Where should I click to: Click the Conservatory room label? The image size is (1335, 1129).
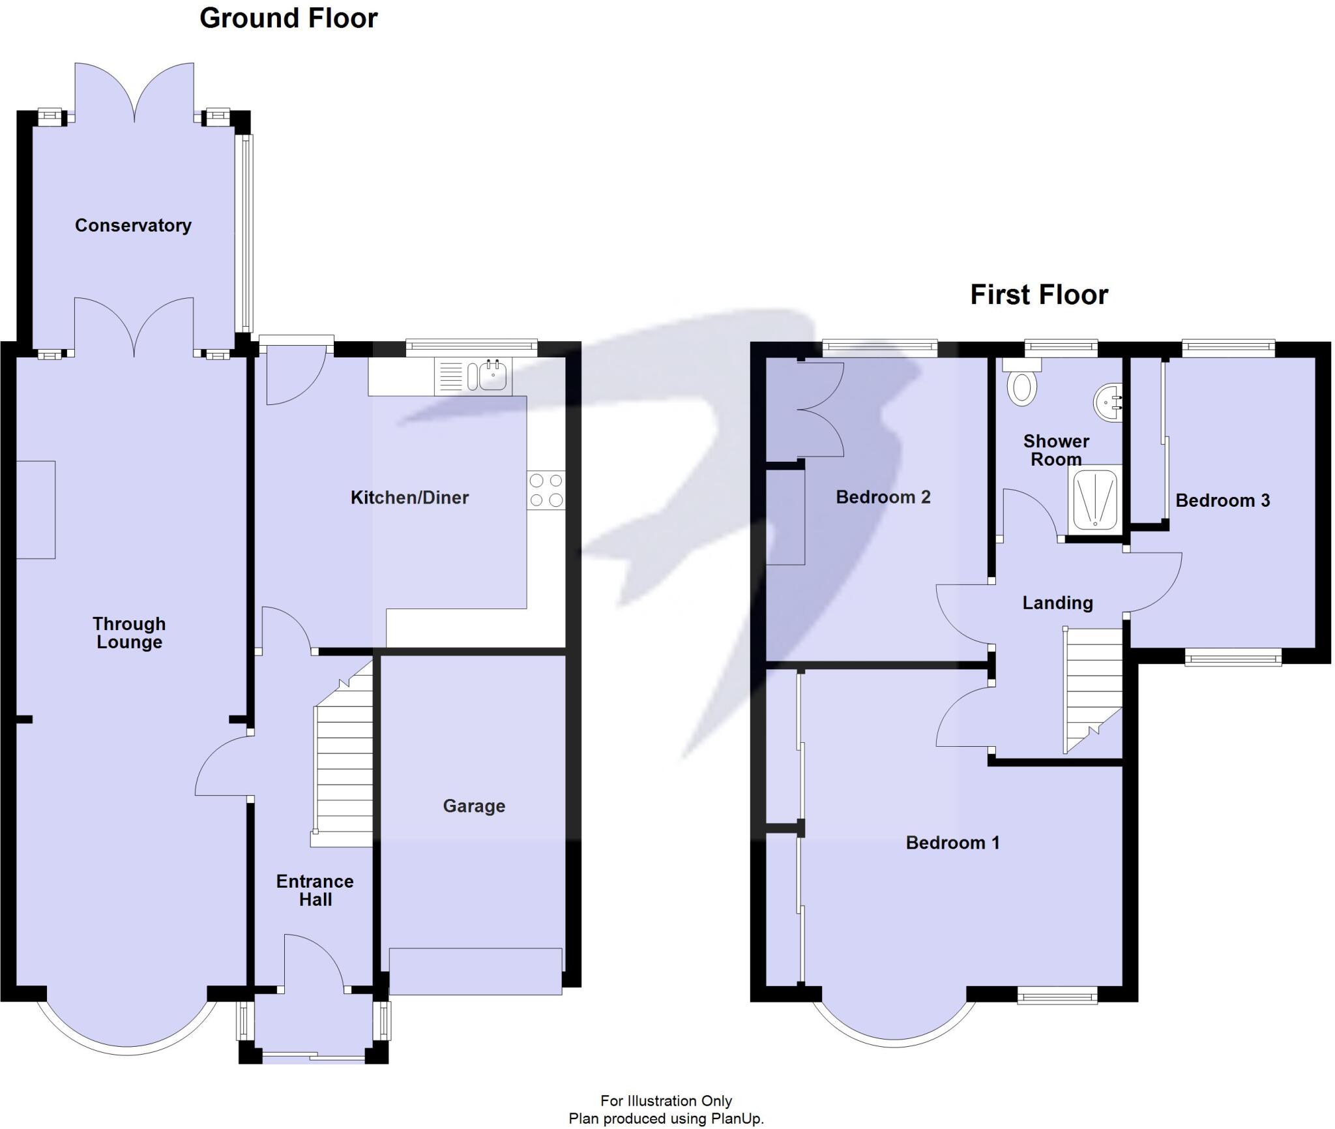coord(133,226)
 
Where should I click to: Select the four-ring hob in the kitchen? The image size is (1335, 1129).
coord(546,490)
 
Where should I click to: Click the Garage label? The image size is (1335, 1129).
coord(474,806)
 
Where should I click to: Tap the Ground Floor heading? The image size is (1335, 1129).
coord(288,18)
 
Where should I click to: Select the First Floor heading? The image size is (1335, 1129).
coord(1039,295)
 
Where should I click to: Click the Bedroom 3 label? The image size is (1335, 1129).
coord(1222,500)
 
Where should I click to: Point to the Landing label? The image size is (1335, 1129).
coord(1057,603)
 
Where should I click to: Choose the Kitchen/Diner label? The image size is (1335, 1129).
coord(409,498)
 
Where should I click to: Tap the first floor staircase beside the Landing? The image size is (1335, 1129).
coord(1093,690)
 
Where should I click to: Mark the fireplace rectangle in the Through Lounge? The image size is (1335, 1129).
coord(35,509)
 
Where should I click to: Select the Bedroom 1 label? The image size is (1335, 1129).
coord(952,843)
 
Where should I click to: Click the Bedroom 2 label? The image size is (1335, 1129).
coord(883,497)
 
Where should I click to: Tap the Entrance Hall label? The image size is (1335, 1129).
coord(315,890)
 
